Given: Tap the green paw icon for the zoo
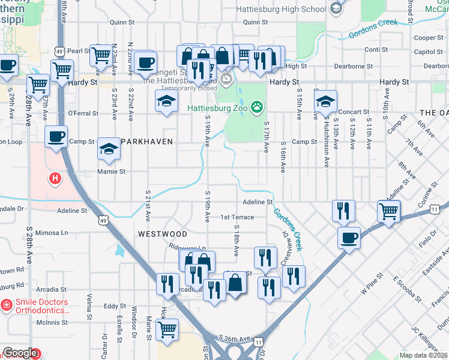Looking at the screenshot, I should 258,107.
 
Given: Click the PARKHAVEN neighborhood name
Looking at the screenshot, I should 147,142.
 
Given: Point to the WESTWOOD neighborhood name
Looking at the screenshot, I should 162,233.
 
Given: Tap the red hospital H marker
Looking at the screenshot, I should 55,178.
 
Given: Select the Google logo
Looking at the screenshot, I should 20,353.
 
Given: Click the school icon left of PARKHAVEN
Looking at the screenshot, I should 109,149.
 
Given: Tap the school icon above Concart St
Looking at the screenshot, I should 325,101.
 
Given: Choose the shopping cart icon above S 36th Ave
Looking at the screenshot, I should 167,329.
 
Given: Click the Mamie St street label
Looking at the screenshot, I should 111,171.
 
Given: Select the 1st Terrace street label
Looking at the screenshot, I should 237,217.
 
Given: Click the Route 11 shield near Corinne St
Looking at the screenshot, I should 444,208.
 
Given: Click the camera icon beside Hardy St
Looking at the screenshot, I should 226,79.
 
